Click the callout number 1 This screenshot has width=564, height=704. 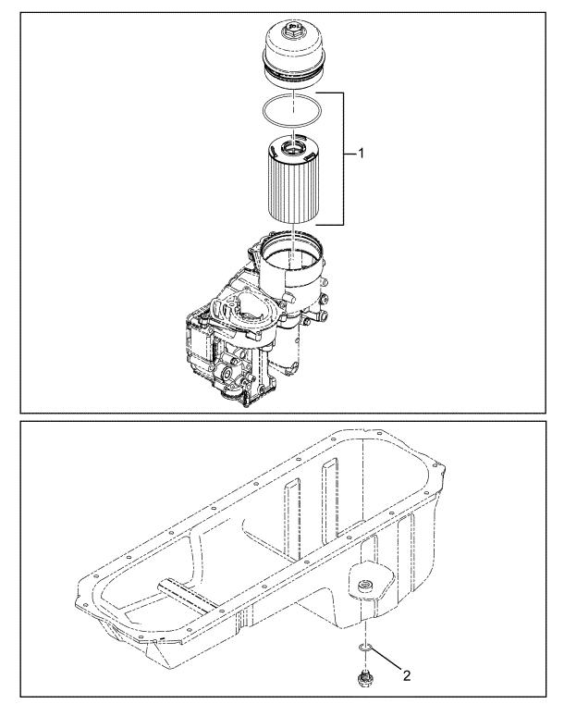(x=361, y=154)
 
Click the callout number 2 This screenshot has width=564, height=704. (x=407, y=674)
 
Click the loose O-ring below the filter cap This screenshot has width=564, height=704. (x=291, y=111)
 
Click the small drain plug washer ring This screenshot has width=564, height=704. (x=364, y=647)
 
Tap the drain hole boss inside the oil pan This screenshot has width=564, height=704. (x=363, y=586)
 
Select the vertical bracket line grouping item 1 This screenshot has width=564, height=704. (x=343, y=158)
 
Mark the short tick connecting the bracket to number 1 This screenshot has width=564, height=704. (x=350, y=154)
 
